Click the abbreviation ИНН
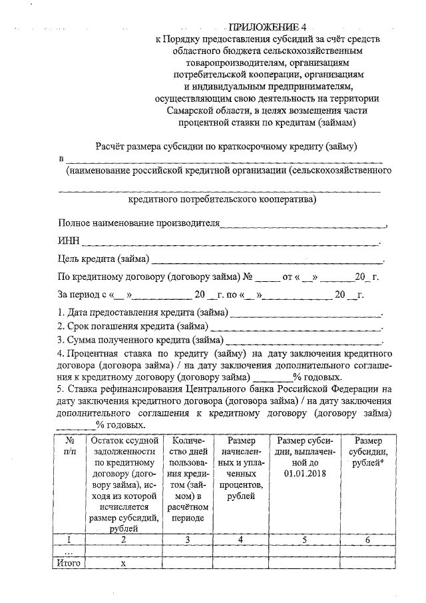pyautogui.click(x=69, y=241)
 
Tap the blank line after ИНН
pyautogui.click(x=230, y=243)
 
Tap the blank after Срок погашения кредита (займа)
pyautogui.click(x=296, y=327)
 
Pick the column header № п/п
pyautogui.click(x=69, y=446)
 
